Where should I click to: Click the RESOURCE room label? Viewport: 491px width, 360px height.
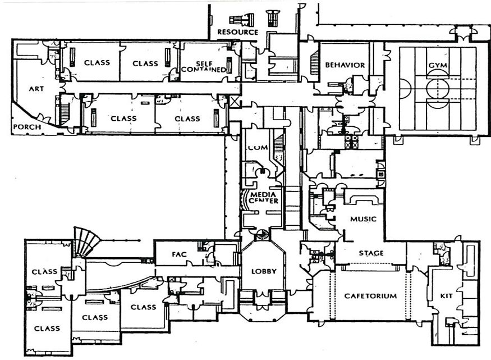[237, 32]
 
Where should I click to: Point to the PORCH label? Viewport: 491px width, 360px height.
[26, 127]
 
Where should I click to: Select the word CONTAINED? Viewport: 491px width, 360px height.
[204, 70]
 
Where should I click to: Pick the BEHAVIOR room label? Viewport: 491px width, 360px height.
[345, 65]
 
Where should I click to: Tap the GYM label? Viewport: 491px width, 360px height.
[437, 66]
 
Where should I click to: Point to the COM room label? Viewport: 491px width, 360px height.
[255, 147]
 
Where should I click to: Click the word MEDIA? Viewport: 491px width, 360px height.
[262, 194]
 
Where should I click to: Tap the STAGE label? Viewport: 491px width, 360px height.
[371, 253]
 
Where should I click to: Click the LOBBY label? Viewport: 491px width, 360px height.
[263, 271]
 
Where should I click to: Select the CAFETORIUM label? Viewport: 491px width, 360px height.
[370, 296]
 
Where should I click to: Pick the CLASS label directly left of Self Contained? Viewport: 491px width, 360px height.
[145, 63]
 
